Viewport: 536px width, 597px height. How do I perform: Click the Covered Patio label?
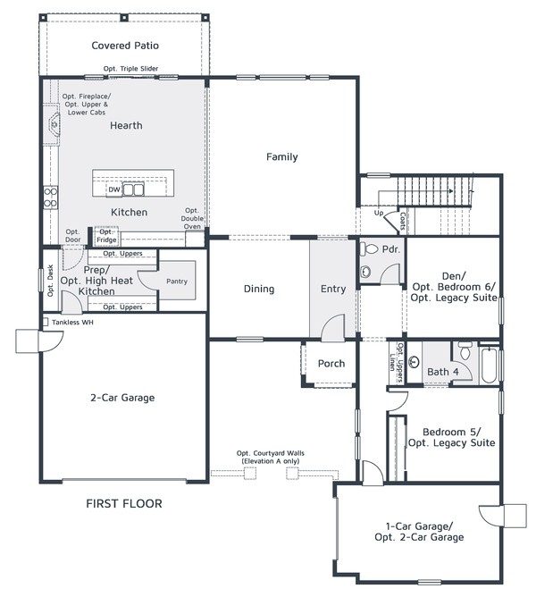coord(125,46)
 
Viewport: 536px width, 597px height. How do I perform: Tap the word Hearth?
coord(126,126)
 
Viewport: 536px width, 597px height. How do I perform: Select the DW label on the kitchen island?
coord(113,189)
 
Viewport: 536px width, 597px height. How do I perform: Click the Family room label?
coord(281,157)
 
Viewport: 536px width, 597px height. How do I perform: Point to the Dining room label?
coord(259,289)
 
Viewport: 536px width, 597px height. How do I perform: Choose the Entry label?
coord(333,289)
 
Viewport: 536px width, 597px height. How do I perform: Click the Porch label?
coord(331,364)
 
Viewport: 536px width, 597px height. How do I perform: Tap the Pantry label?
coord(177,282)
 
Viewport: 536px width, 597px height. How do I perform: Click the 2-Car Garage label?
coord(121,398)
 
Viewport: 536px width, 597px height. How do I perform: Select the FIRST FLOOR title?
coord(124,504)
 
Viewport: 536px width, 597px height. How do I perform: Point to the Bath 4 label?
coord(442,371)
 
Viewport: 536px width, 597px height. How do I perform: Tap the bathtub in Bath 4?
coord(491,366)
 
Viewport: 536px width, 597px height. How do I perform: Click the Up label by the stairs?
coord(378,214)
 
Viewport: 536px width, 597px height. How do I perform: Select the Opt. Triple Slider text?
coord(130,69)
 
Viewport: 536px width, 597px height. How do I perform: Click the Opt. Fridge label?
coord(106,237)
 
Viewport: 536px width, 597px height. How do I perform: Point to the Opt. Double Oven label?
coord(192,218)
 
